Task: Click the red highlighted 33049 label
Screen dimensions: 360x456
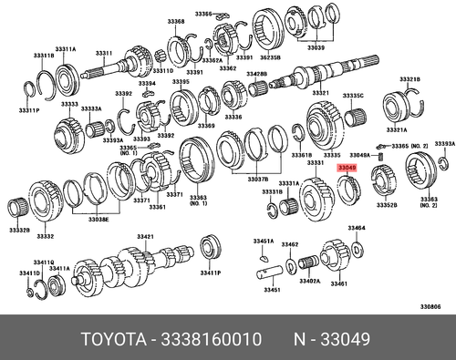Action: [348, 168]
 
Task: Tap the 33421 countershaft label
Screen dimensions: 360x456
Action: [144, 236]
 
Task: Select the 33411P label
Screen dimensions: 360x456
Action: [210, 273]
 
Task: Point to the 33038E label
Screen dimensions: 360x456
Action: [98, 220]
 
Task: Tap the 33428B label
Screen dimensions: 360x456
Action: [255, 73]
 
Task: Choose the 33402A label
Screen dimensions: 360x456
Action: [308, 282]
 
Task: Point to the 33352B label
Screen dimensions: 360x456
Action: [386, 205]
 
